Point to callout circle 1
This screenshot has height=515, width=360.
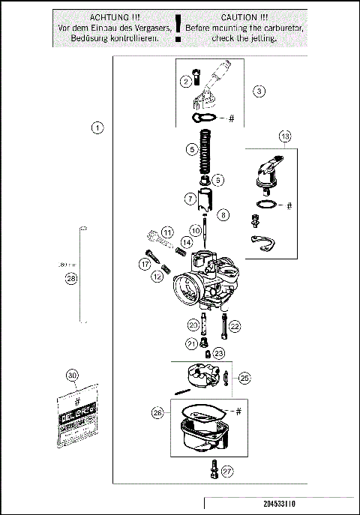pos(97,127)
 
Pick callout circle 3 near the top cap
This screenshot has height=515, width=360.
pos(259,91)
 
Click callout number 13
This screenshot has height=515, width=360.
pos(285,136)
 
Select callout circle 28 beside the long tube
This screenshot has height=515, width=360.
pos(71,279)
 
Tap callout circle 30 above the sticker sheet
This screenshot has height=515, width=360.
pos(72,376)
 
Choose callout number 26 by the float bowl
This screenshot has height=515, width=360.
pos(157,412)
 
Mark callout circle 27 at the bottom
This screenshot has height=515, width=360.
pos(228,472)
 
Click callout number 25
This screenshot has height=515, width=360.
pos(244,379)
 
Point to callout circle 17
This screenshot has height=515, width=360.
pos(144,264)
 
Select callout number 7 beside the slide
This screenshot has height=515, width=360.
pos(191,199)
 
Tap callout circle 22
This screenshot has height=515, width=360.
pos(235,326)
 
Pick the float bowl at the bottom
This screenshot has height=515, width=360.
pos(200,437)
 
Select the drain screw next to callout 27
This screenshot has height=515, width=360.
pos(214,470)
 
